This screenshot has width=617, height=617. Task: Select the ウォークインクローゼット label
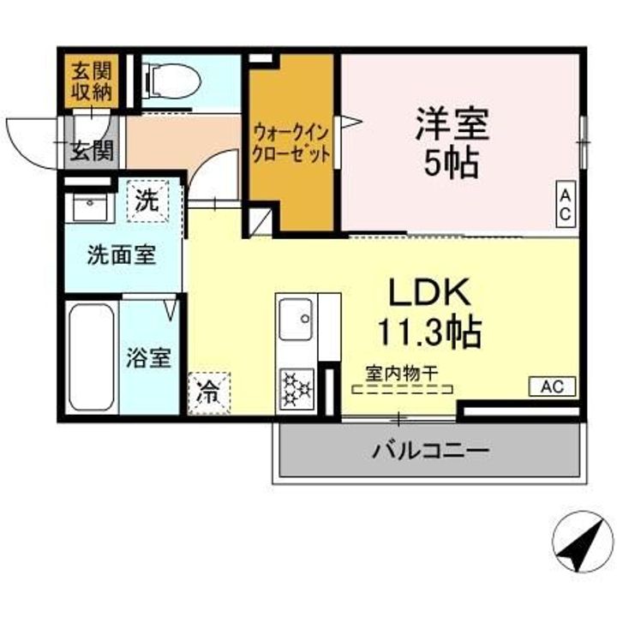pos(291,144)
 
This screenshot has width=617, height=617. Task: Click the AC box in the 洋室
pos(566,204)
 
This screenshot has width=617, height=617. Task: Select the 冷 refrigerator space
pos(208,393)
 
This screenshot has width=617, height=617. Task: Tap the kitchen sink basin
pos(296,319)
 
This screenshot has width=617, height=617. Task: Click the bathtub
pos(92,356)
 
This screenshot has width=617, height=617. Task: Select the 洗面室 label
pos(122,255)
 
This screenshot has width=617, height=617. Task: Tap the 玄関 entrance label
pos(92,151)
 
